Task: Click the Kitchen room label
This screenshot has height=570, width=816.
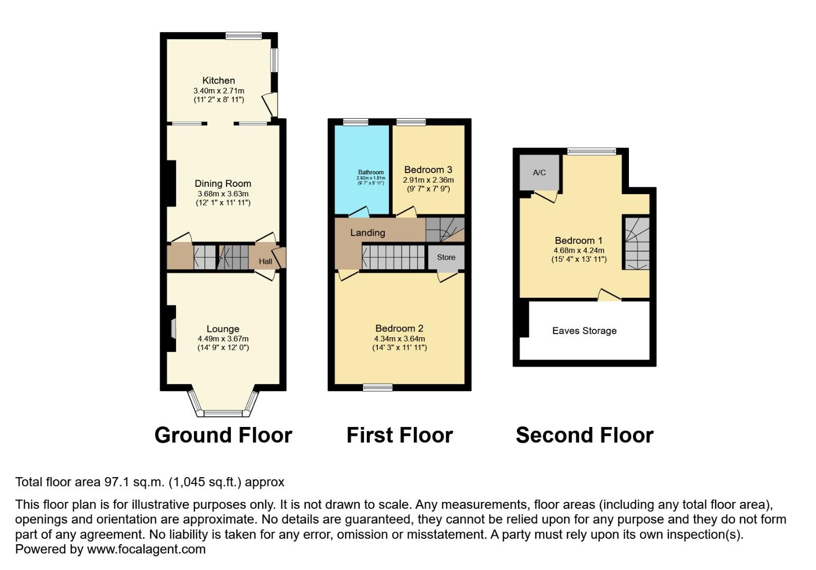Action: tap(218, 81)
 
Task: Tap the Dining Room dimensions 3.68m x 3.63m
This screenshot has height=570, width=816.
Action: tap(222, 194)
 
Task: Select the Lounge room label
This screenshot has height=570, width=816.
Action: tap(222, 329)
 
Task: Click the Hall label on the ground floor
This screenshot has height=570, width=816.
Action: tap(265, 261)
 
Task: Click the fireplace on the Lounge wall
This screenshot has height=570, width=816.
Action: tap(172, 328)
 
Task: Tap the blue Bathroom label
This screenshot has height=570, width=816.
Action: tap(370, 173)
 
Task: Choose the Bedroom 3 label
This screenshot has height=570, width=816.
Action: tap(428, 170)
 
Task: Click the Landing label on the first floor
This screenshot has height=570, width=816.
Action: tap(367, 233)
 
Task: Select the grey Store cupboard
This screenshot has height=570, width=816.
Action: tap(446, 258)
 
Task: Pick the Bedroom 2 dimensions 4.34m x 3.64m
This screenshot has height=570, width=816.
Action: tap(399, 339)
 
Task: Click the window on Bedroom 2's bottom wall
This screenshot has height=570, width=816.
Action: tap(378, 387)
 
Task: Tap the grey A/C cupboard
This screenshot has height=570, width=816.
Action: tap(539, 173)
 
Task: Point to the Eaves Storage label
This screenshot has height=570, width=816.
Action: tap(584, 331)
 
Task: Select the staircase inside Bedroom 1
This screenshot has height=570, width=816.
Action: tap(636, 243)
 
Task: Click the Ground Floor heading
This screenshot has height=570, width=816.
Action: tap(223, 435)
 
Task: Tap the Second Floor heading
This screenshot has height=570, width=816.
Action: tap(585, 435)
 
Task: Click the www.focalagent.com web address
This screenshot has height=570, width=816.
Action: tap(146, 549)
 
